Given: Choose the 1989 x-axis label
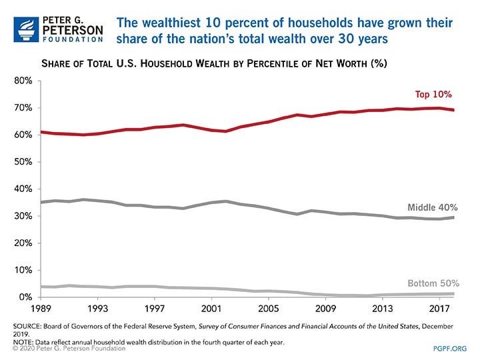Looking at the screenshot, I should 42,309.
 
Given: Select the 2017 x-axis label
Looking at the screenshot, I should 438,309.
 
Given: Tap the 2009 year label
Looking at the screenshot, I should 325,309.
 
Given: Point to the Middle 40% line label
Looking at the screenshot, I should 436,207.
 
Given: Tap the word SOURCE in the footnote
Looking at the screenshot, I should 28,325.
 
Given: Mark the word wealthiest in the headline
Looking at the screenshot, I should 167,23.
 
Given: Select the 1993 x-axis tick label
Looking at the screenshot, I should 98,309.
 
